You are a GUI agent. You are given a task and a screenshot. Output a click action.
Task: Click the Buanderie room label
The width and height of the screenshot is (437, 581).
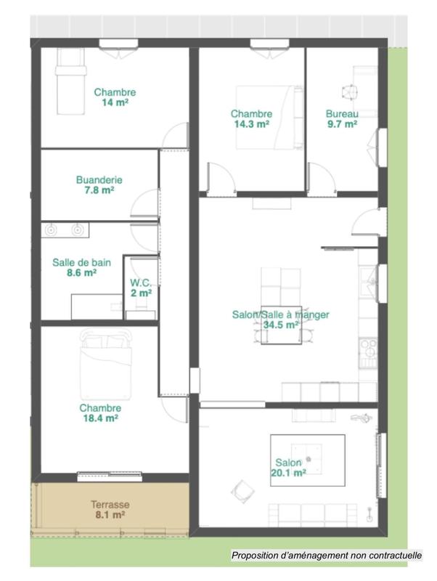coord(99,179)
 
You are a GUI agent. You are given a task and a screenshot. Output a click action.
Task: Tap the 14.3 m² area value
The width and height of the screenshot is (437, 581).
coord(251,124)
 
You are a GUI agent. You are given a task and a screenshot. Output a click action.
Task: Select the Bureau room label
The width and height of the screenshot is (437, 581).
coord(341,114)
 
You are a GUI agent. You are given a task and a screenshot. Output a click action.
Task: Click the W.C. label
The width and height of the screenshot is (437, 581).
coord(141,283)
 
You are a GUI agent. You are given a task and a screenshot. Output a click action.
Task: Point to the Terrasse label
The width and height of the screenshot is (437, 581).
coord(110,504)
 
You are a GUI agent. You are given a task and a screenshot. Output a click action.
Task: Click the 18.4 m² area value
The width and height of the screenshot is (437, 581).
coord(99,418)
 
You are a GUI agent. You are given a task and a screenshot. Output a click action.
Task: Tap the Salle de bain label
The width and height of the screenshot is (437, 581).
coord(81,263)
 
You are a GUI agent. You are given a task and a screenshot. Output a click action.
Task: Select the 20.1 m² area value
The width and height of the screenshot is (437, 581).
coord(290,472)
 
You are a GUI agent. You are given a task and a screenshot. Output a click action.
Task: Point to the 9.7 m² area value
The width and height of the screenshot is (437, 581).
coord(341,124)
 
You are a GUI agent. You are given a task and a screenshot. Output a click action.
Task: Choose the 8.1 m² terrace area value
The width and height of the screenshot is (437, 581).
coord(110,514)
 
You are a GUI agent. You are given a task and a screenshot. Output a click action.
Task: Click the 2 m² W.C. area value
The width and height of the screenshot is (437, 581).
coord(141,293)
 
